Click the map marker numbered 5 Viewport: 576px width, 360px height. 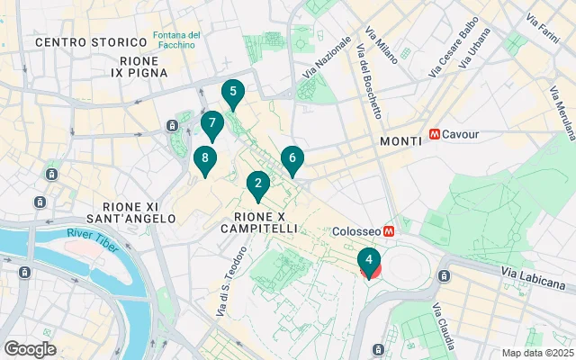coord(233,93)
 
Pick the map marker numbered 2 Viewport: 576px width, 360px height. coord(258,185)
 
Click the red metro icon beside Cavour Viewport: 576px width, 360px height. coord(436,134)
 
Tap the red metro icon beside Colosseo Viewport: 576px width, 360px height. coord(390,231)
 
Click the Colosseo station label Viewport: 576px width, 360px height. coord(357,231)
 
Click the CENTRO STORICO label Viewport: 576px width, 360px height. coord(91,42)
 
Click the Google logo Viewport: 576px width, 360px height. coord(31,349)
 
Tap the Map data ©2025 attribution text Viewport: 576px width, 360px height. coord(536,353)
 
